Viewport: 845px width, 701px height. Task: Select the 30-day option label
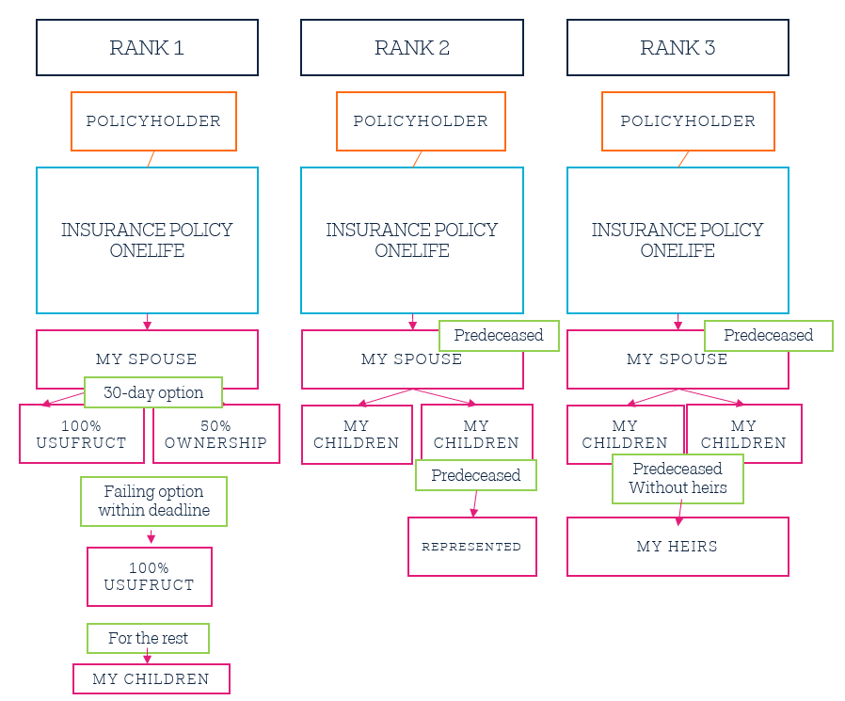tap(153, 392)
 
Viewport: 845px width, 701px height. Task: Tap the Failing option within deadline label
tap(153, 502)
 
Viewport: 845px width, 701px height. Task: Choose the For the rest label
tap(148, 639)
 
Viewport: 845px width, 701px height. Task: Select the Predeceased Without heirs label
tap(678, 479)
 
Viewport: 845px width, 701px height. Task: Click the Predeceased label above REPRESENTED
tap(476, 475)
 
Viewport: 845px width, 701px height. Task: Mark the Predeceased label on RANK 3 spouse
tap(769, 336)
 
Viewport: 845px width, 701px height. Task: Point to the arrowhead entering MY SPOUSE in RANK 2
tap(412, 326)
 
